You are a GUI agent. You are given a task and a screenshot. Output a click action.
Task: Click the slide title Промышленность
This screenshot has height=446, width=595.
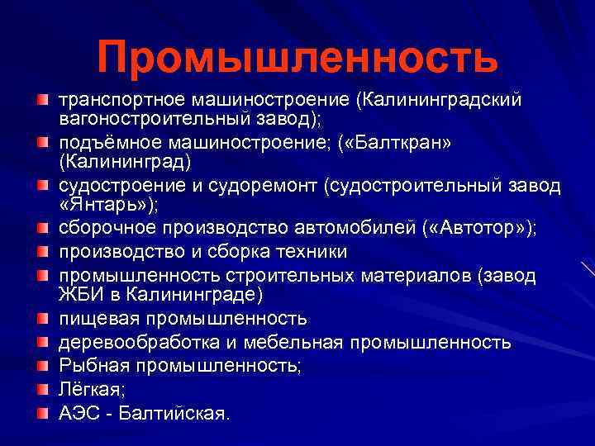[297, 56]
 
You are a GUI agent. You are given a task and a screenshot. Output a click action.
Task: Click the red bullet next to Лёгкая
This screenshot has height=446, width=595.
[41, 388]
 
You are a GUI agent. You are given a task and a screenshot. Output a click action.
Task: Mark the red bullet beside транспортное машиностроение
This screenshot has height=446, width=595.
[41, 100]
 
